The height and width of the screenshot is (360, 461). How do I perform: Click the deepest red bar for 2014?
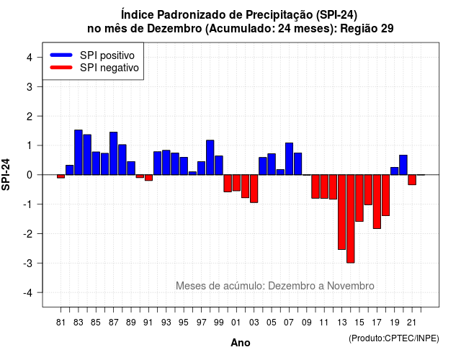click(351, 219)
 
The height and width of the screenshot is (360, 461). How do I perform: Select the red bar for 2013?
click(341, 212)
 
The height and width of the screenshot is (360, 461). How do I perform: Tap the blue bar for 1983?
click(79, 152)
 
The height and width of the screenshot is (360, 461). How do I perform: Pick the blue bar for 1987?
click(114, 153)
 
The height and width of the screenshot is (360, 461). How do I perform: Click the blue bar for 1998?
click(210, 158)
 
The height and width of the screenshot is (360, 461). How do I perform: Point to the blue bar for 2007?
click(289, 158)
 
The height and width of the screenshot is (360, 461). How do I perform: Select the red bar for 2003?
click(254, 189)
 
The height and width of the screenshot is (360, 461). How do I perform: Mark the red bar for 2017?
click(377, 202)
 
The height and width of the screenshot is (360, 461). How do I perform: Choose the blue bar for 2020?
click(403, 165)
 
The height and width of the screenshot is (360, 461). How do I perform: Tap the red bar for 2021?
click(412, 180)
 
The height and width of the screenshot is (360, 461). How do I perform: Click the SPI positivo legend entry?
click(92, 55)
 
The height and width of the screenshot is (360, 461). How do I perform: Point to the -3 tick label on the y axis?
click(29, 263)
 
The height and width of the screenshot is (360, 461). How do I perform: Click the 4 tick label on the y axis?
click(30, 58)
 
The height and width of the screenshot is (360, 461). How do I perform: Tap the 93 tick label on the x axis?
click(166, 323)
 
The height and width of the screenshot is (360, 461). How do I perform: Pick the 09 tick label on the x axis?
click(306, 323)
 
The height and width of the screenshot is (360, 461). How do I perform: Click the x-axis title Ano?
click(241, 343)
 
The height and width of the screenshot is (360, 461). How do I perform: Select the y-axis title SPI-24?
click(6, 174)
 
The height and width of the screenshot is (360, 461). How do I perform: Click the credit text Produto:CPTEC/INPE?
click(394, 338)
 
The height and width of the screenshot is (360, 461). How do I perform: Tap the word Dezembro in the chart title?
click(174, 29)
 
